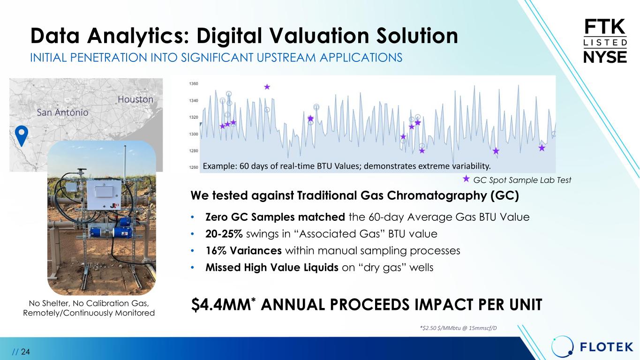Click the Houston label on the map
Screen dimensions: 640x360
[136, 99]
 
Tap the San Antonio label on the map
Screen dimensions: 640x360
[62, 112]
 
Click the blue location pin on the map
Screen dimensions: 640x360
[22, 135]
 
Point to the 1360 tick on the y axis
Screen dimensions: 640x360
[194, 84]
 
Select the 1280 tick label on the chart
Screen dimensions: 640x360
[194, 151]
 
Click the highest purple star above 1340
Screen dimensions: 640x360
[267, 87]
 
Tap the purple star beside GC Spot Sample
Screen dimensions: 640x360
[466, 179]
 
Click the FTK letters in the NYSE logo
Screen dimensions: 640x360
[605, 27]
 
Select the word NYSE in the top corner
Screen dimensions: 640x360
[605, 57]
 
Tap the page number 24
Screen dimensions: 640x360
[25, 352]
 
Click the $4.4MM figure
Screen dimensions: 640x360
[221, 305]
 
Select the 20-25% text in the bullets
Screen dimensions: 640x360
[224, 234]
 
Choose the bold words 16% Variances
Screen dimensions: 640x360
[243, 251]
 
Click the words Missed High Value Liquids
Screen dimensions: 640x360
[272, 268]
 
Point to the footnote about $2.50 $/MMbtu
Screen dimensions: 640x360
[458, 328]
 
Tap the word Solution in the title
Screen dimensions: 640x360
[417, 36]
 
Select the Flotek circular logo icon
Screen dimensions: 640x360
[562, 347]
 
